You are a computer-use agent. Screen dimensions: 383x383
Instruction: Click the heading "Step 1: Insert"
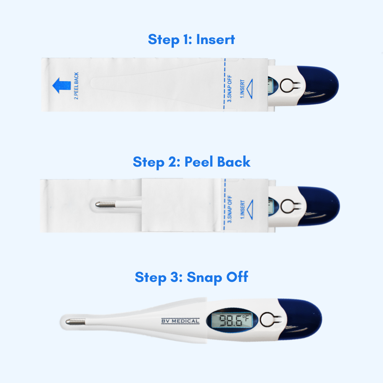(x=191, y=39)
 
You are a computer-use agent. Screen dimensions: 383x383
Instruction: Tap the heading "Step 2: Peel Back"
(x=191, y=162)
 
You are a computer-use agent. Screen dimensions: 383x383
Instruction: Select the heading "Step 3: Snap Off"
(x=191, y=277)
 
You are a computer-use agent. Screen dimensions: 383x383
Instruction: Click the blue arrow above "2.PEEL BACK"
(x=62, y=85)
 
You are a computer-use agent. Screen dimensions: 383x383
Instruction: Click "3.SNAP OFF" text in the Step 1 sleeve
(x=230, y=86)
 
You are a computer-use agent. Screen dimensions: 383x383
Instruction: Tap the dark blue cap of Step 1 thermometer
(x=322, y=85)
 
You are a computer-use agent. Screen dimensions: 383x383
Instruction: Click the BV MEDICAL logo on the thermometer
(x=180, y=321)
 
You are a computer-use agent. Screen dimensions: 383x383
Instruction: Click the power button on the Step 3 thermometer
(x=267, y=320)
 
